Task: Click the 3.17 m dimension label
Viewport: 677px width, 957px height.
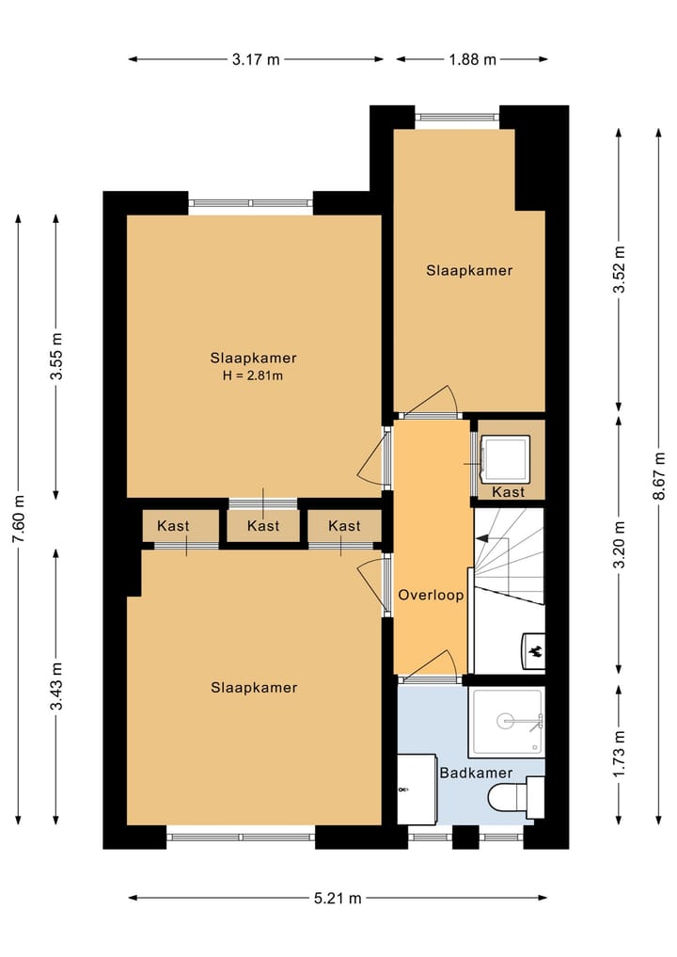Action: click(x=256, y=59)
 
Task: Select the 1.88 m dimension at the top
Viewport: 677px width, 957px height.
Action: click(x=472, y=59)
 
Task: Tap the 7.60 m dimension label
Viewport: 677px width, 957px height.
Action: click(x=19, y=518)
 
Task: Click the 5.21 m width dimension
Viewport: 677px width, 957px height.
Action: click(x=338, y=899)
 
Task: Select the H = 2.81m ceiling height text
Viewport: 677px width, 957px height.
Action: click(x=254, y=375)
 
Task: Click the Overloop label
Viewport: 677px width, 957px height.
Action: click(x=431, y=596)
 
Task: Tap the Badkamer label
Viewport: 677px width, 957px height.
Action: click(x=476, y=773)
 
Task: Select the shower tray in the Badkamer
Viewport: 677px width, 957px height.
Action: click(x=508, y=722)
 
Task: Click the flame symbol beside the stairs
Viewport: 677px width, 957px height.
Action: click(x=533, y=649)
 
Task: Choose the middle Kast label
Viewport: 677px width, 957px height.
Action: click(x=263, y=526)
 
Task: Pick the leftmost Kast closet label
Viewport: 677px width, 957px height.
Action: click(x=173, y=526)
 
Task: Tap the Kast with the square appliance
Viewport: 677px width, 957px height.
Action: click(x=508, y=492)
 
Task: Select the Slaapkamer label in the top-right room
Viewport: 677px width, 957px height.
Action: click(x=469, y=271)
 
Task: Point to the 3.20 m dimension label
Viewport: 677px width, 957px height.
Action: click(x=619, y=546)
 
